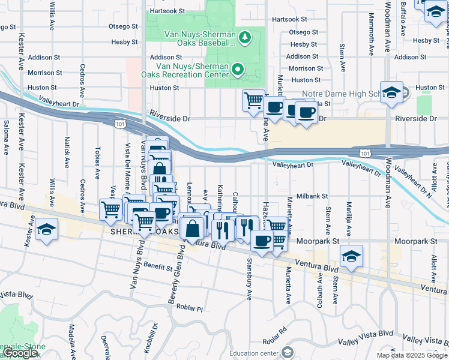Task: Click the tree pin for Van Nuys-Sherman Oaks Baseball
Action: (244, 38)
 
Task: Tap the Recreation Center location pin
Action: (238, 70)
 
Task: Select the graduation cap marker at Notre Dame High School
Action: (391, 92)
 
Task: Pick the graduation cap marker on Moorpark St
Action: (351, 256)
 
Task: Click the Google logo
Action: (20, 353)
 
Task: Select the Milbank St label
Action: (312, 196)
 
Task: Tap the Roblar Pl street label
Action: (190, 307)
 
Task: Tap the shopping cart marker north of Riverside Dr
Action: (253, 100)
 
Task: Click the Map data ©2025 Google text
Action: (411, 355)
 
